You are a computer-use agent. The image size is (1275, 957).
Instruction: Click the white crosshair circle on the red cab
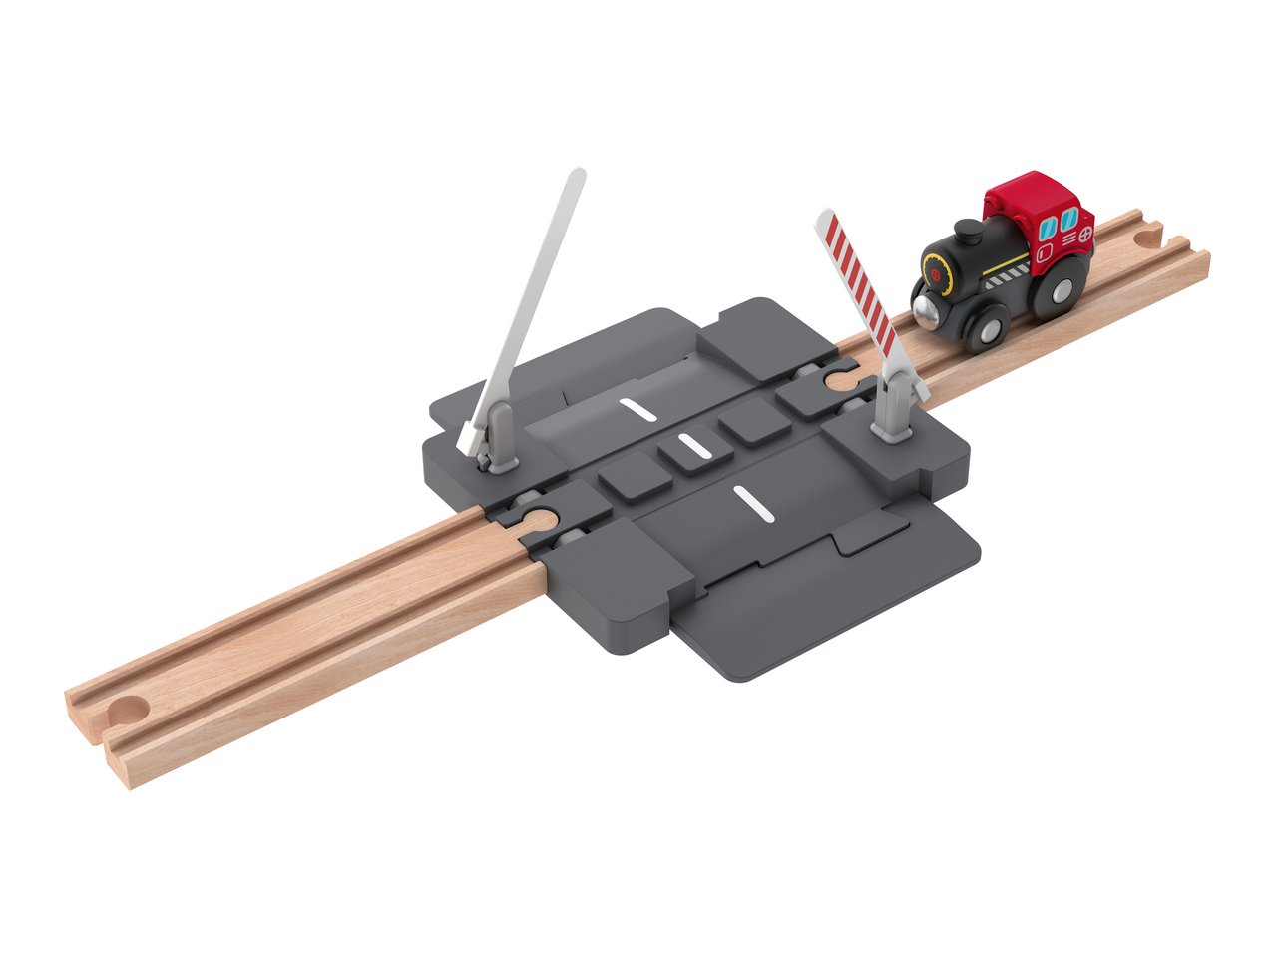[x=1084, y=236]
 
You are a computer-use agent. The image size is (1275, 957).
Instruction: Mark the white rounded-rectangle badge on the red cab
[x=1044, y=253]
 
